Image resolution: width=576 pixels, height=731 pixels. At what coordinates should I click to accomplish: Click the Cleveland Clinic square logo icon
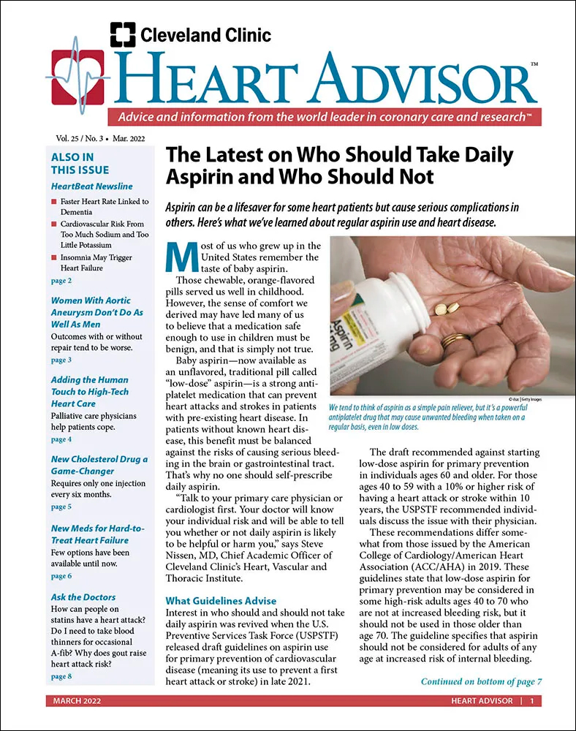click(122, 34)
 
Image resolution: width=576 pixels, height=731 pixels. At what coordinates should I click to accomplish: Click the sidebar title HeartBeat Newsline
click(92, 186)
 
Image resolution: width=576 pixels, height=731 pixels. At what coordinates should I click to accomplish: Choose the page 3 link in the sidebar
click(61, 360)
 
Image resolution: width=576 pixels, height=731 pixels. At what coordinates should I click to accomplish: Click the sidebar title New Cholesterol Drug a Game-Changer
click(99, 465)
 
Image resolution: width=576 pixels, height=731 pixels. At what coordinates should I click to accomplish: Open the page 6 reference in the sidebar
click(61, 576)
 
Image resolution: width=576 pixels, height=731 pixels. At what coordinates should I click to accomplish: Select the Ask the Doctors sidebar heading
click(83, 596)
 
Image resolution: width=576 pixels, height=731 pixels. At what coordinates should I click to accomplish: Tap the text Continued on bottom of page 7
click(480, 681)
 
